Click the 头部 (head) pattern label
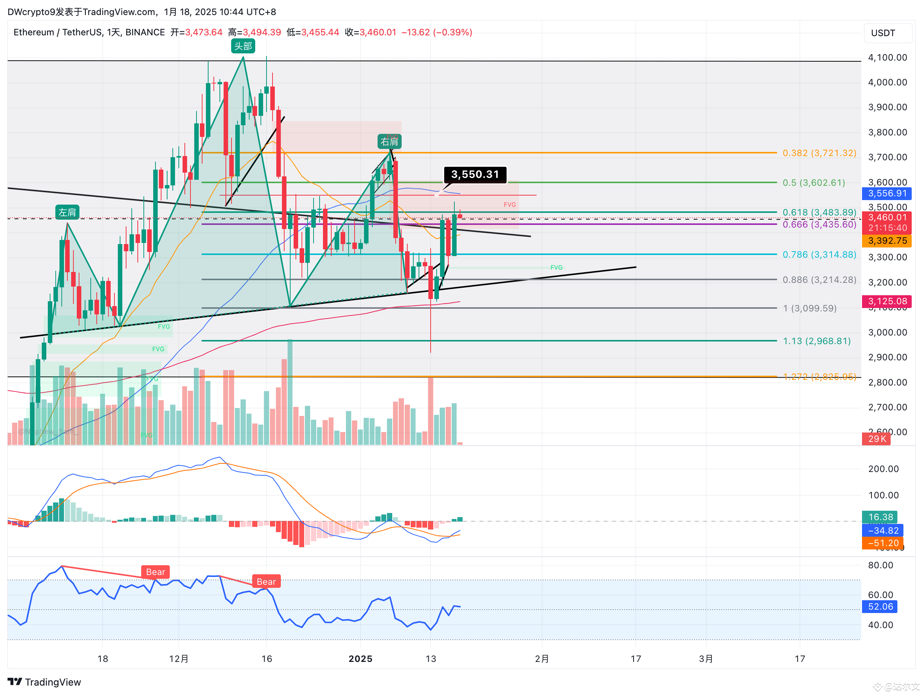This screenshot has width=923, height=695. [x=243, y=46]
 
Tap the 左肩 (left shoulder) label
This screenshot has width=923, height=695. [x=67, y=212]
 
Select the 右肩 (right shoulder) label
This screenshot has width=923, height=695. [x=389, y=142]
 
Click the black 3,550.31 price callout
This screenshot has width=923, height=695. [x=475, y=174]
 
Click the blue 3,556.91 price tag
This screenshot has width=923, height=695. [x=887, y=193]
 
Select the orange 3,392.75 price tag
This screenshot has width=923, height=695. [x=887, y=241]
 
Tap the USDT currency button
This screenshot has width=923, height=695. [x=883, y=33]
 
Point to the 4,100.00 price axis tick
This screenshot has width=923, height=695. [x=887, y=58]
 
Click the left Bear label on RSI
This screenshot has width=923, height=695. [x=155, y=572]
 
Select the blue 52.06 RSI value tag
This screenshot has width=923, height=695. [x=880, y=607]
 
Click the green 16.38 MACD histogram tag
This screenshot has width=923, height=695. [x=880, y=517]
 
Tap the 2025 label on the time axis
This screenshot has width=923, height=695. [x=361, y=659]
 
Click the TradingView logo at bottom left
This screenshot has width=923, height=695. [x=44, y=682]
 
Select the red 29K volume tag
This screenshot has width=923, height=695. [x=877, y=439]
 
